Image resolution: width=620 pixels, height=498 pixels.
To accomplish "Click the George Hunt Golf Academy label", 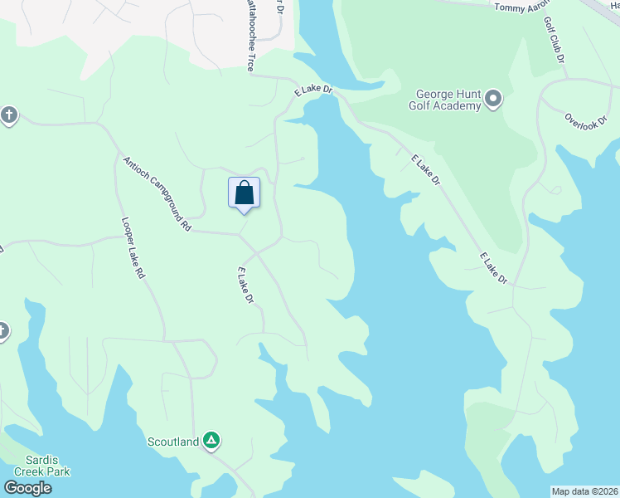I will (445, 100).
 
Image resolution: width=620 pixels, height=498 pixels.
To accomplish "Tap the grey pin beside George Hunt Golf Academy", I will (493, 100).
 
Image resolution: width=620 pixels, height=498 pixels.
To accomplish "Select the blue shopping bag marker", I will (244, 193).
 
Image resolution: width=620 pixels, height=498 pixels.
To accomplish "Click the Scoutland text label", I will (173, 442).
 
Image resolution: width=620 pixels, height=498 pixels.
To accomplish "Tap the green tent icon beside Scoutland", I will (211, 440).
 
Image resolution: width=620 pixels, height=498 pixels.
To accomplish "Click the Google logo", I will (27, 488).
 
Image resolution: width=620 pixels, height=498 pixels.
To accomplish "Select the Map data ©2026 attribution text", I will (584, 491).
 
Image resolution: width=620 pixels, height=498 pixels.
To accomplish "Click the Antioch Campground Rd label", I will (157, 193).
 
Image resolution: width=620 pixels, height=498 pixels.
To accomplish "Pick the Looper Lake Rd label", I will (133, 247).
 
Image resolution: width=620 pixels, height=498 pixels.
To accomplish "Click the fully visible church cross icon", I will (8, 115).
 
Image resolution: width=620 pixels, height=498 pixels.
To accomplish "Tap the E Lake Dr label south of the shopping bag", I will (245, 285).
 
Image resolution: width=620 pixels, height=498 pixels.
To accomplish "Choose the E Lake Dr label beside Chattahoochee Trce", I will (312, 88).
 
